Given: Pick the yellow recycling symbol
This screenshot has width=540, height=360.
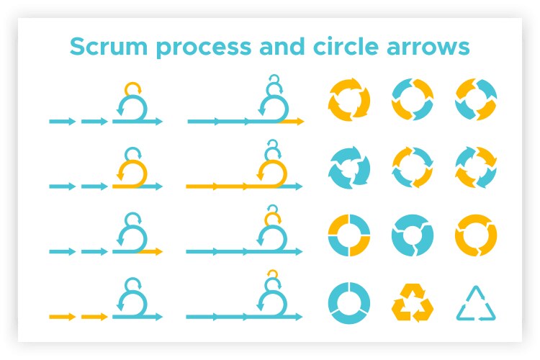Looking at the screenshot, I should pos(413,303).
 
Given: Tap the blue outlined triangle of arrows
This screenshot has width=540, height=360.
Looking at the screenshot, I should pos(477,304).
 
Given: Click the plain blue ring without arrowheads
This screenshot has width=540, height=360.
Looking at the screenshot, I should pos(348,302).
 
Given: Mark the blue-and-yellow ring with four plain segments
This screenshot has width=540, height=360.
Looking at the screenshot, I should pos(348,235).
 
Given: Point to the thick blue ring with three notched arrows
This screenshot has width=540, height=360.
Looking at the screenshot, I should pos(413,235).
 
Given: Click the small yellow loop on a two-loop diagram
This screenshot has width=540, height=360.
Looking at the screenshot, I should pos(132,89).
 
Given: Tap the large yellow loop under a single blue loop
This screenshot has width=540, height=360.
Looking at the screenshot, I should pos(132,174).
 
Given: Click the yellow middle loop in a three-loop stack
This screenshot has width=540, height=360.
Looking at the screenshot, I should pos(271,216).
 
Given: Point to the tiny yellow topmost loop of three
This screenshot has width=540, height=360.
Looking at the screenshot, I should pos(271,274).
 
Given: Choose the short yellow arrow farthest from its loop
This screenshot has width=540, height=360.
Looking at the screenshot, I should pos(62,316).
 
